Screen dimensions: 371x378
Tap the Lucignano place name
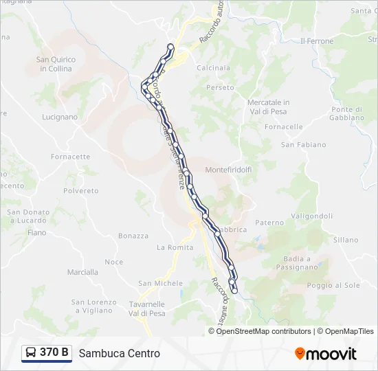[x=60, y=117]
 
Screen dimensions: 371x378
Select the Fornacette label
[x=70, y=157]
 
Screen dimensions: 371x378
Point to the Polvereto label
[x=81, y=191]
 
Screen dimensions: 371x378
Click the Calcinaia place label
[x=214, y=68]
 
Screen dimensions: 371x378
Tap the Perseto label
[x=220, y=88]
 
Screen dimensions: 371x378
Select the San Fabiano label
[x=299, y=145]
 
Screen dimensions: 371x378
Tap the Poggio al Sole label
[x=333, y=285]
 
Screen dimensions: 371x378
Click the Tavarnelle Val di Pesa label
[x=148, y=308]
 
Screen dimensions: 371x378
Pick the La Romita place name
[x=175, y=247]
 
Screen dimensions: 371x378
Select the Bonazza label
[x=133, y=236]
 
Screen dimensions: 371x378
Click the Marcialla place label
[x=82, y=272]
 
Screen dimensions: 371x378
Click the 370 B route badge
[x=47, y=353]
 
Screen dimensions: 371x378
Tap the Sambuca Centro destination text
[x=120, y=353]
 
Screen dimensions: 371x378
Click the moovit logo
[x=326, y=354]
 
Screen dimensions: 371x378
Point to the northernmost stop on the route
[x=171, y=47]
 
